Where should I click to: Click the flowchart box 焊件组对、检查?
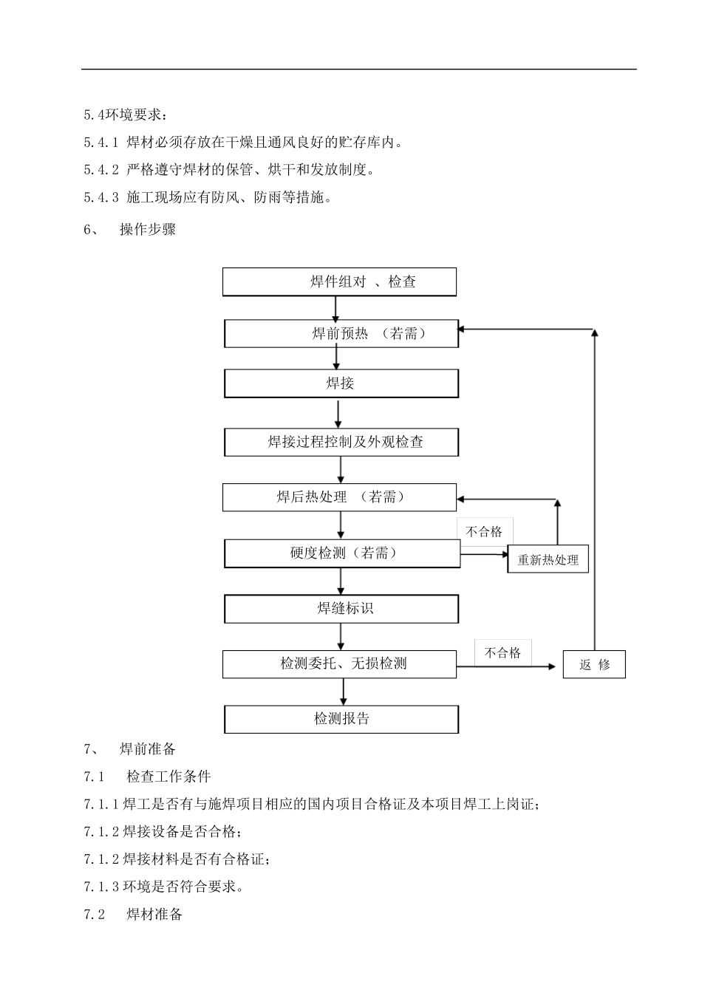coord(340,282)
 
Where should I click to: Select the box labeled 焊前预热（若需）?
coord(341,333)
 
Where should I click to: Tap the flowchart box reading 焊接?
coord(341,383)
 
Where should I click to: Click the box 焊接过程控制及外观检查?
coord(341,443)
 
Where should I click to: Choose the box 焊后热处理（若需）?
coord(340,497)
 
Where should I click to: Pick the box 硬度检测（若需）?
coord(342,553)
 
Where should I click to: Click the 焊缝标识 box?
coord(341,609)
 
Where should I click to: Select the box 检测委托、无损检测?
coord(340,664)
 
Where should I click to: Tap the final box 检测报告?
coord(341,719)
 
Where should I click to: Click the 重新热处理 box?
coord(548,560)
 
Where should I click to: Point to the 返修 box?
coord(594,664)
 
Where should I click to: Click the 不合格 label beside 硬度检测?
coord(484,532)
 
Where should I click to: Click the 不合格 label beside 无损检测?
coord(502,653)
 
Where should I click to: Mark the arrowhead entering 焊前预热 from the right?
coord(463,329)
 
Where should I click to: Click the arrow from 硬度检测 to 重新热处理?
coord(484,552)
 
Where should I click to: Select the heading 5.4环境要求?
coord(126,115)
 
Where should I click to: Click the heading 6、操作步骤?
coord(130,230)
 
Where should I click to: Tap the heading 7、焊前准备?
coord(130,749)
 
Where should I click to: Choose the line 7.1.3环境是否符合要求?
coord(164,887)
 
